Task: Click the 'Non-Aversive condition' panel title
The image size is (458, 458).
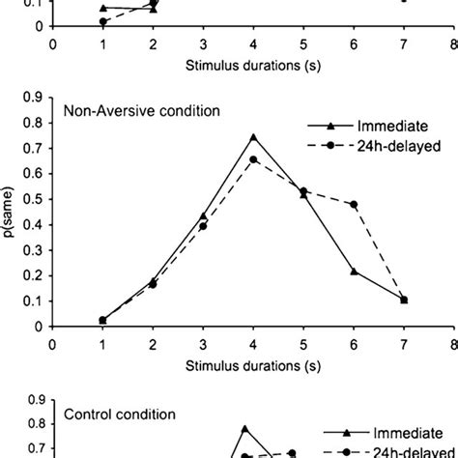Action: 141,110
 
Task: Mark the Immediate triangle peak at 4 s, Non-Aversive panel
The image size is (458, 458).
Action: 253,136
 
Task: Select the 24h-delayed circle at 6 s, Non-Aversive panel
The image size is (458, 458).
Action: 354,204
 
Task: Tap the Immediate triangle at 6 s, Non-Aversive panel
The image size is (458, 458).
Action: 354,272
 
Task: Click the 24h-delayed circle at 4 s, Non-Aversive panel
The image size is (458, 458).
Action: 253,159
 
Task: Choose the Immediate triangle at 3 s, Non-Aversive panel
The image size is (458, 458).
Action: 203,216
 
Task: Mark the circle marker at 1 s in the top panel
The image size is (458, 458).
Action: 103,21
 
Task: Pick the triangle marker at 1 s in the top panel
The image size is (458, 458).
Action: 103,8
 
